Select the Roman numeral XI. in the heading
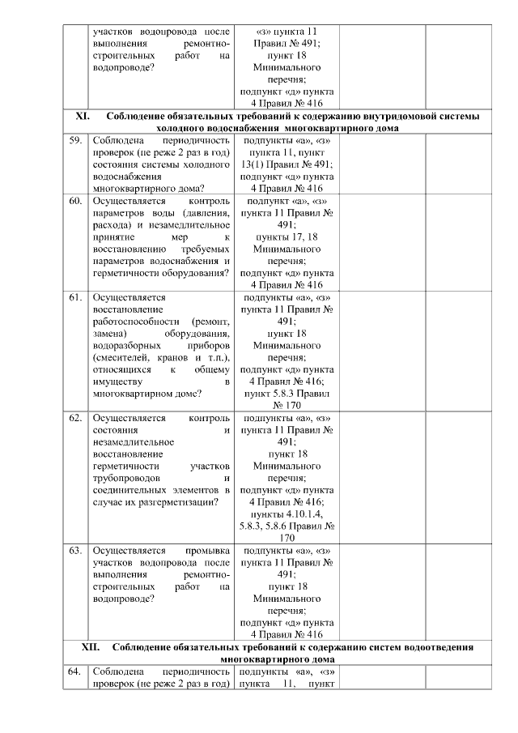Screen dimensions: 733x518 [82, 117]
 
